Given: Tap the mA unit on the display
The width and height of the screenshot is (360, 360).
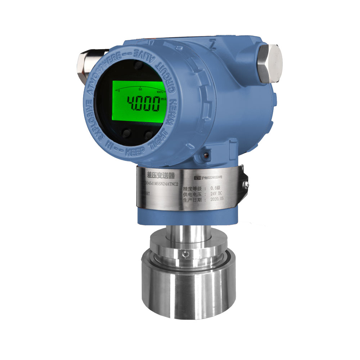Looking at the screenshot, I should coord(163,99).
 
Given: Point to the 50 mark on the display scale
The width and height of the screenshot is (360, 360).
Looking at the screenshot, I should coord(140,89).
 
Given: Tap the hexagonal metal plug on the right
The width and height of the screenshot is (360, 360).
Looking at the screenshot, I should coord(270,63).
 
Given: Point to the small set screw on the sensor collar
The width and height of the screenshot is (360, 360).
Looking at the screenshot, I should coord(185,255).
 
